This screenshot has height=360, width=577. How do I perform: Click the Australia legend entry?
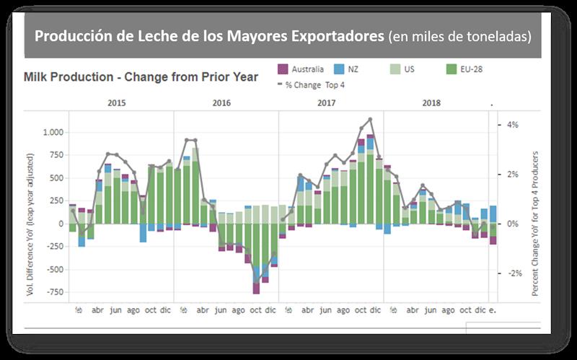point(301,69)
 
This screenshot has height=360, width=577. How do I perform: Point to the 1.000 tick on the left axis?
point(53,132)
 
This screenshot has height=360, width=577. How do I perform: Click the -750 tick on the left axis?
point(56,292)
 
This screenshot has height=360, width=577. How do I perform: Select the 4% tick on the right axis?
point(512,125)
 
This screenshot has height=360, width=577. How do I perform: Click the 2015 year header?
point(117,103)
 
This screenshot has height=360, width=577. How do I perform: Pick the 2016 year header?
point(221,103)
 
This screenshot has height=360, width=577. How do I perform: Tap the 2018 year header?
point(431,103)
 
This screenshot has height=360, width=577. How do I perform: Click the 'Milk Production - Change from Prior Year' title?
point(141,77)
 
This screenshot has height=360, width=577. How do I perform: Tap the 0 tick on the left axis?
point(61,224)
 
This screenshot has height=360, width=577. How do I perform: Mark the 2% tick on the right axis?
point(512,175)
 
